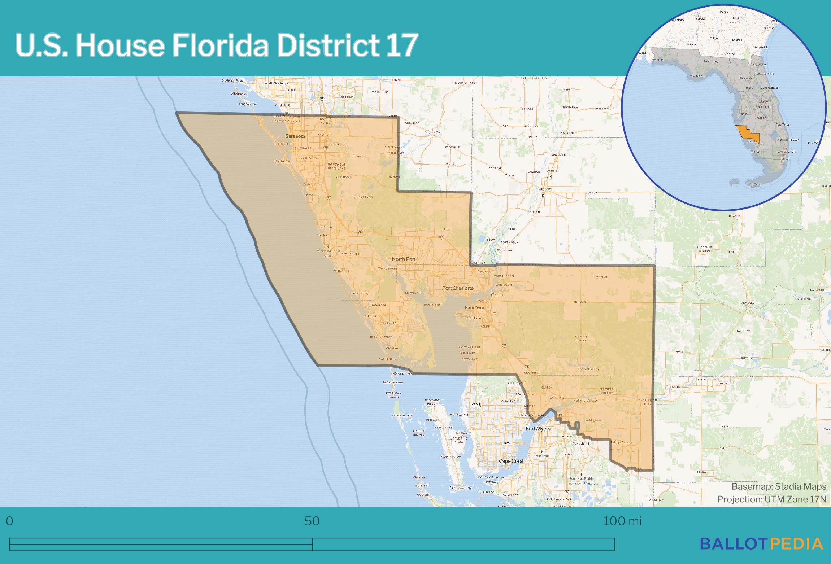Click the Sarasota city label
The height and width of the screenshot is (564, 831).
(x=295, y=136)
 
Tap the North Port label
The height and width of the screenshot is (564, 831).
(x=404, y=259)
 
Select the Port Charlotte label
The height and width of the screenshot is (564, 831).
(x=457, y=288)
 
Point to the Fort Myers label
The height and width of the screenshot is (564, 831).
(x=538, y=428)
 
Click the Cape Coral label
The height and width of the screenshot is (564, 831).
(x=511, y=461)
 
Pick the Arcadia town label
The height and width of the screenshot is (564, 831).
(x=545, y=189)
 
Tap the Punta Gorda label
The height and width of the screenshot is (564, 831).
(x=474, y=307)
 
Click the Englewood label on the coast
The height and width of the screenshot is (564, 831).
(x=360, y=293)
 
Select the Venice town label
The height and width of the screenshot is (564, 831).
(x=322, y=235)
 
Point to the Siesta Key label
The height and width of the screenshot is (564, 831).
(x=282, y=161)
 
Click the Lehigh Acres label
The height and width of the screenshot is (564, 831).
(x=620, y=442)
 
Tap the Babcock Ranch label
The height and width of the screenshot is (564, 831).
(x=588, y=369)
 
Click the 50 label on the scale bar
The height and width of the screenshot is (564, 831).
(x=312, y=521)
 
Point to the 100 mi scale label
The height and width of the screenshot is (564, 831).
(x=622, y=521)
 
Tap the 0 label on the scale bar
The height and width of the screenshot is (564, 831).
(x=10, y=521)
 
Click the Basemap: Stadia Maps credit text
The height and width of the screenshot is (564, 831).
(x=779, y=486)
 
